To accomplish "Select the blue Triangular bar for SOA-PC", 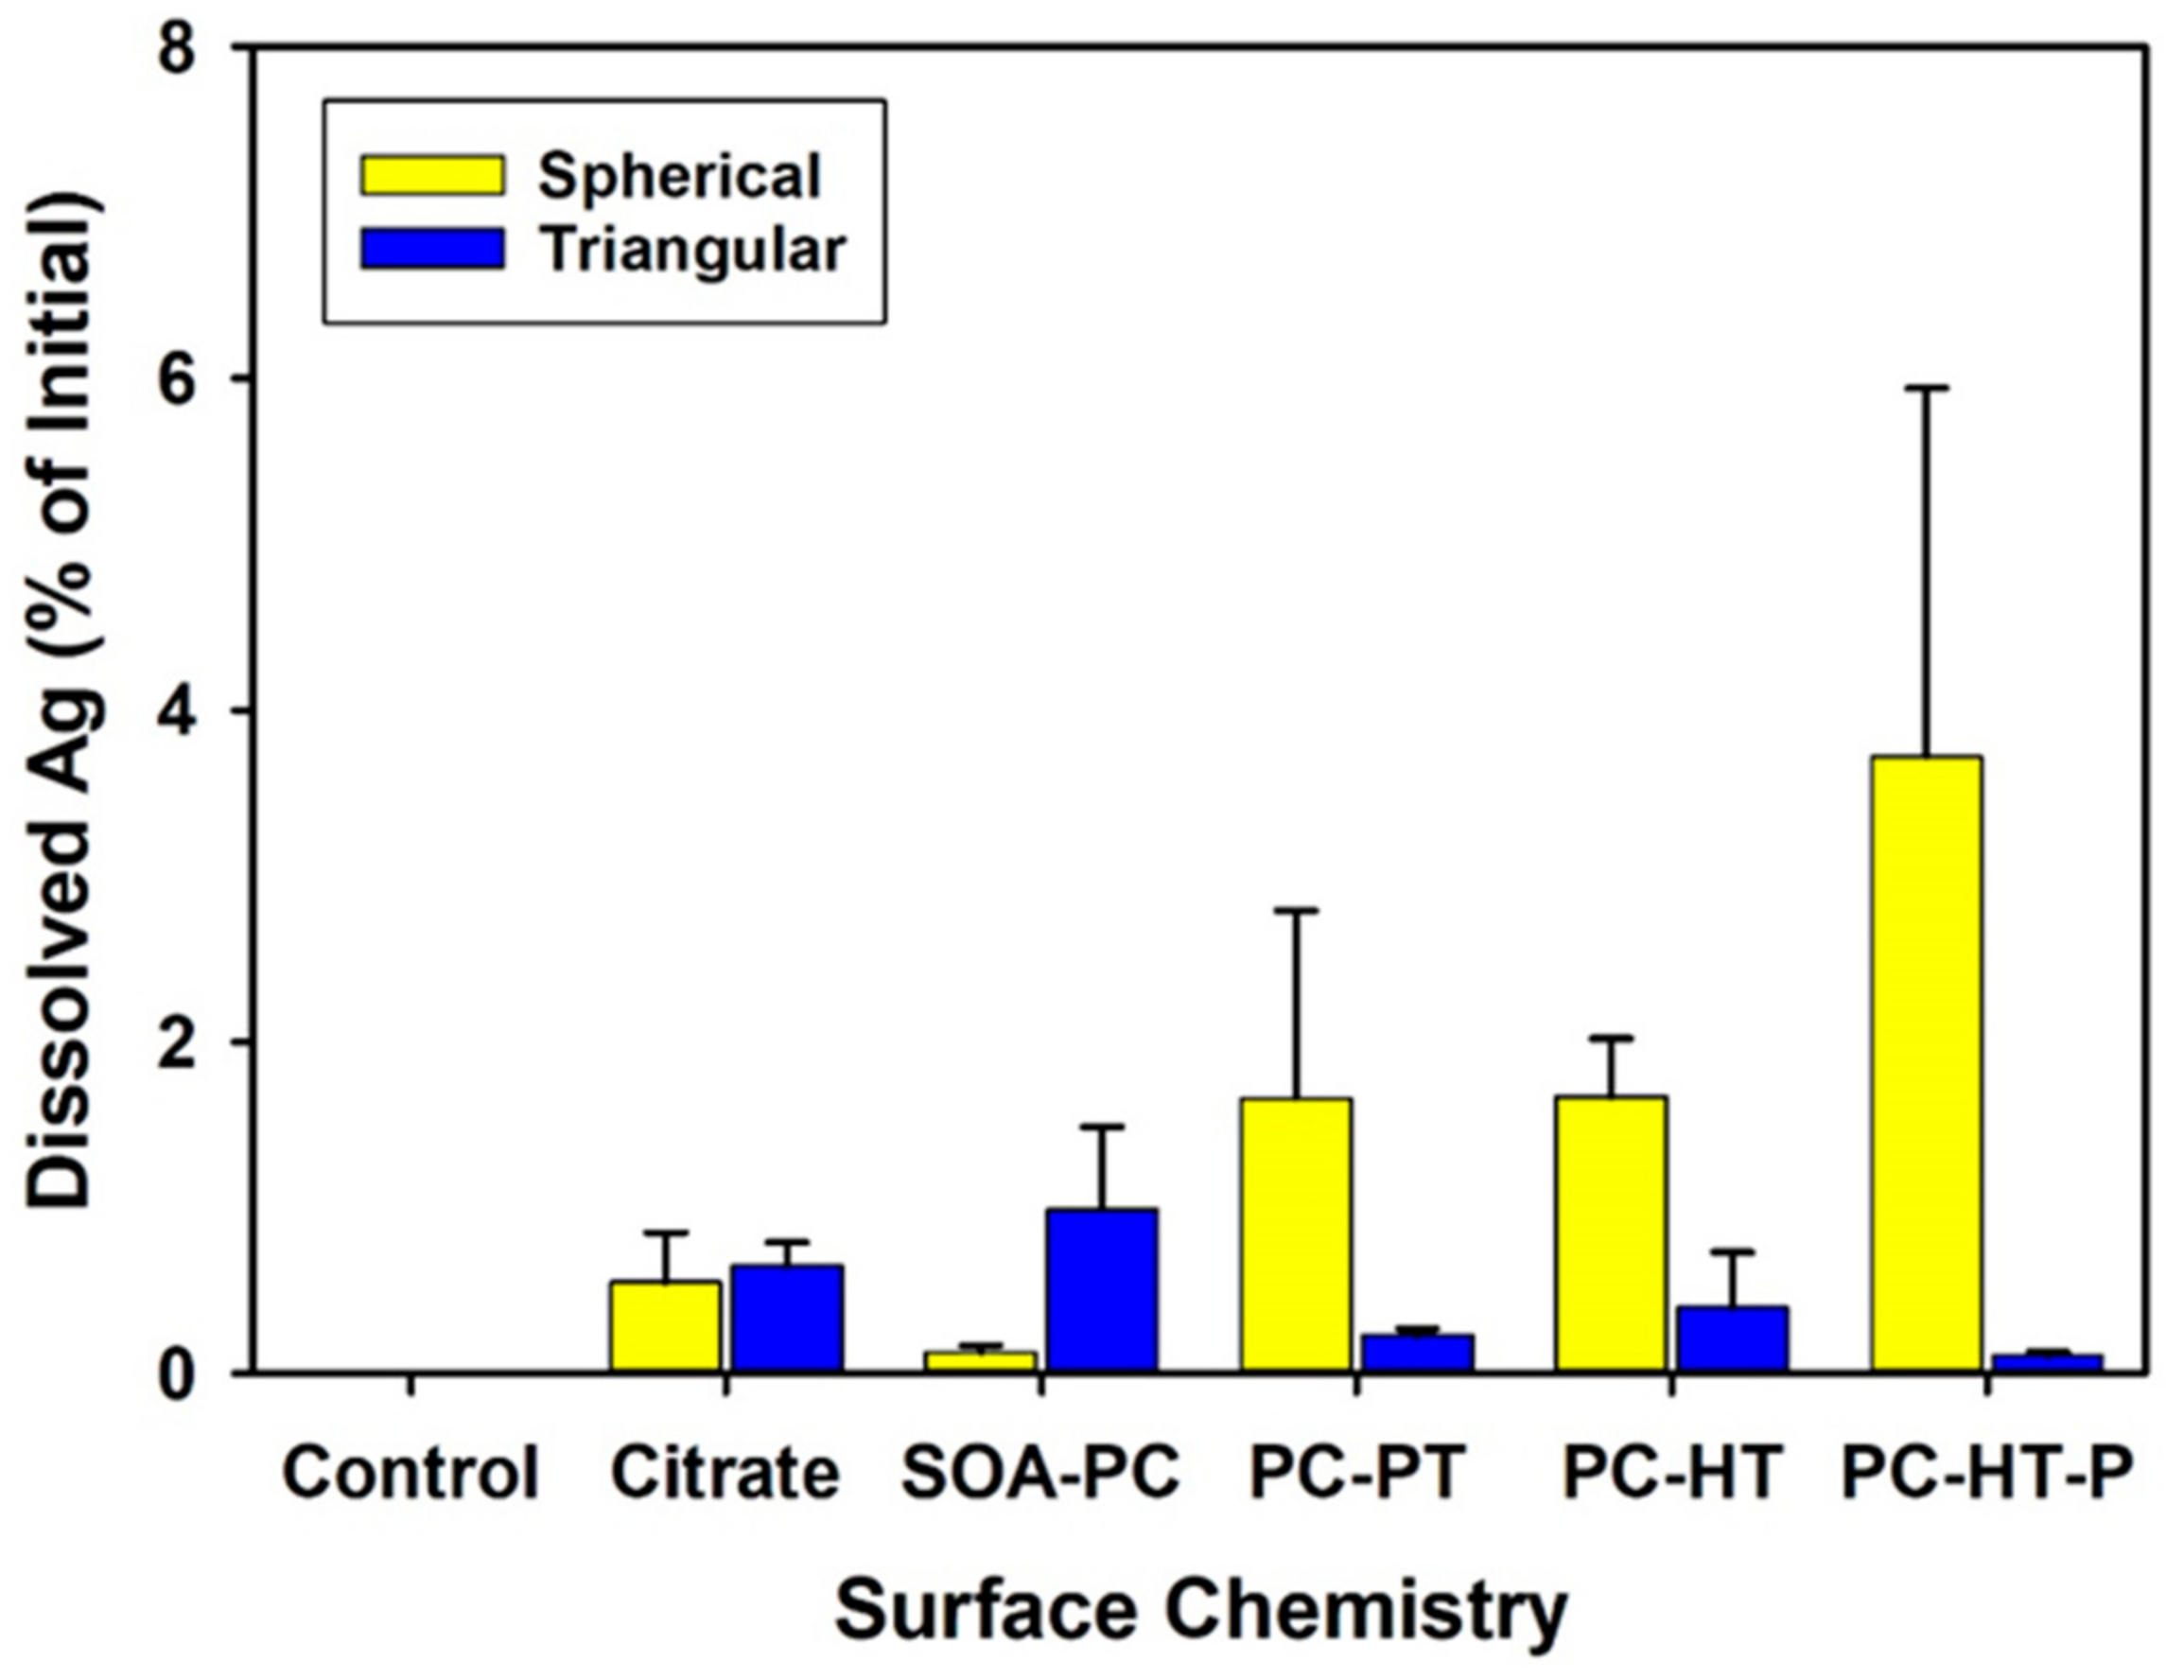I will point(1102,1289).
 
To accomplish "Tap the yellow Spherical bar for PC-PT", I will point(1295,1234).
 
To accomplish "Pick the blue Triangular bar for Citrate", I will point(788,1318).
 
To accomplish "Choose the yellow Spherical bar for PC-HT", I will point(1611,1233).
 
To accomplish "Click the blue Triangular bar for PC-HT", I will point(1733,1338).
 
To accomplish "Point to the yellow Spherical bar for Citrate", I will point(666,1327).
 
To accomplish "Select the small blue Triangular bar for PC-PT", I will point(1417,1353).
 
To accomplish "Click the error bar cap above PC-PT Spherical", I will point(1295,909).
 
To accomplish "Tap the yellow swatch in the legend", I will point(433,176).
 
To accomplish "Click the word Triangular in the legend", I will point(693,250).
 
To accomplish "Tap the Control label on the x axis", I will point(410,1472).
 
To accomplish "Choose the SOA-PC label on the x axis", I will point(1040,1472).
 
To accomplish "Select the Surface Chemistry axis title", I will point(1201,1612).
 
